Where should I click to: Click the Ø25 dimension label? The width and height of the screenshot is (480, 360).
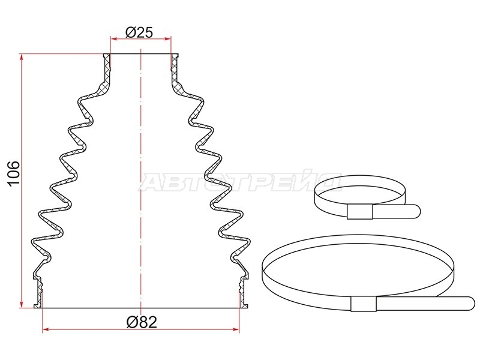[139, 32]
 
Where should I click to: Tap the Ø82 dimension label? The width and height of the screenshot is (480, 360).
[142, 322]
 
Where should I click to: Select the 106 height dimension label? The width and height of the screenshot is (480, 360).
[14, 173]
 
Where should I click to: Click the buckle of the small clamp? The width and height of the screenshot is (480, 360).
[359, 212]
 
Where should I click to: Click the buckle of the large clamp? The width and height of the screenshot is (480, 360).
[364, 304]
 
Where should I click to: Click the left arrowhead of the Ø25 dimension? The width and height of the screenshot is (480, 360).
[114, 39]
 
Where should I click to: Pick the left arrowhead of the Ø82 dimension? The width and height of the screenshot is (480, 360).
[46, 329]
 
